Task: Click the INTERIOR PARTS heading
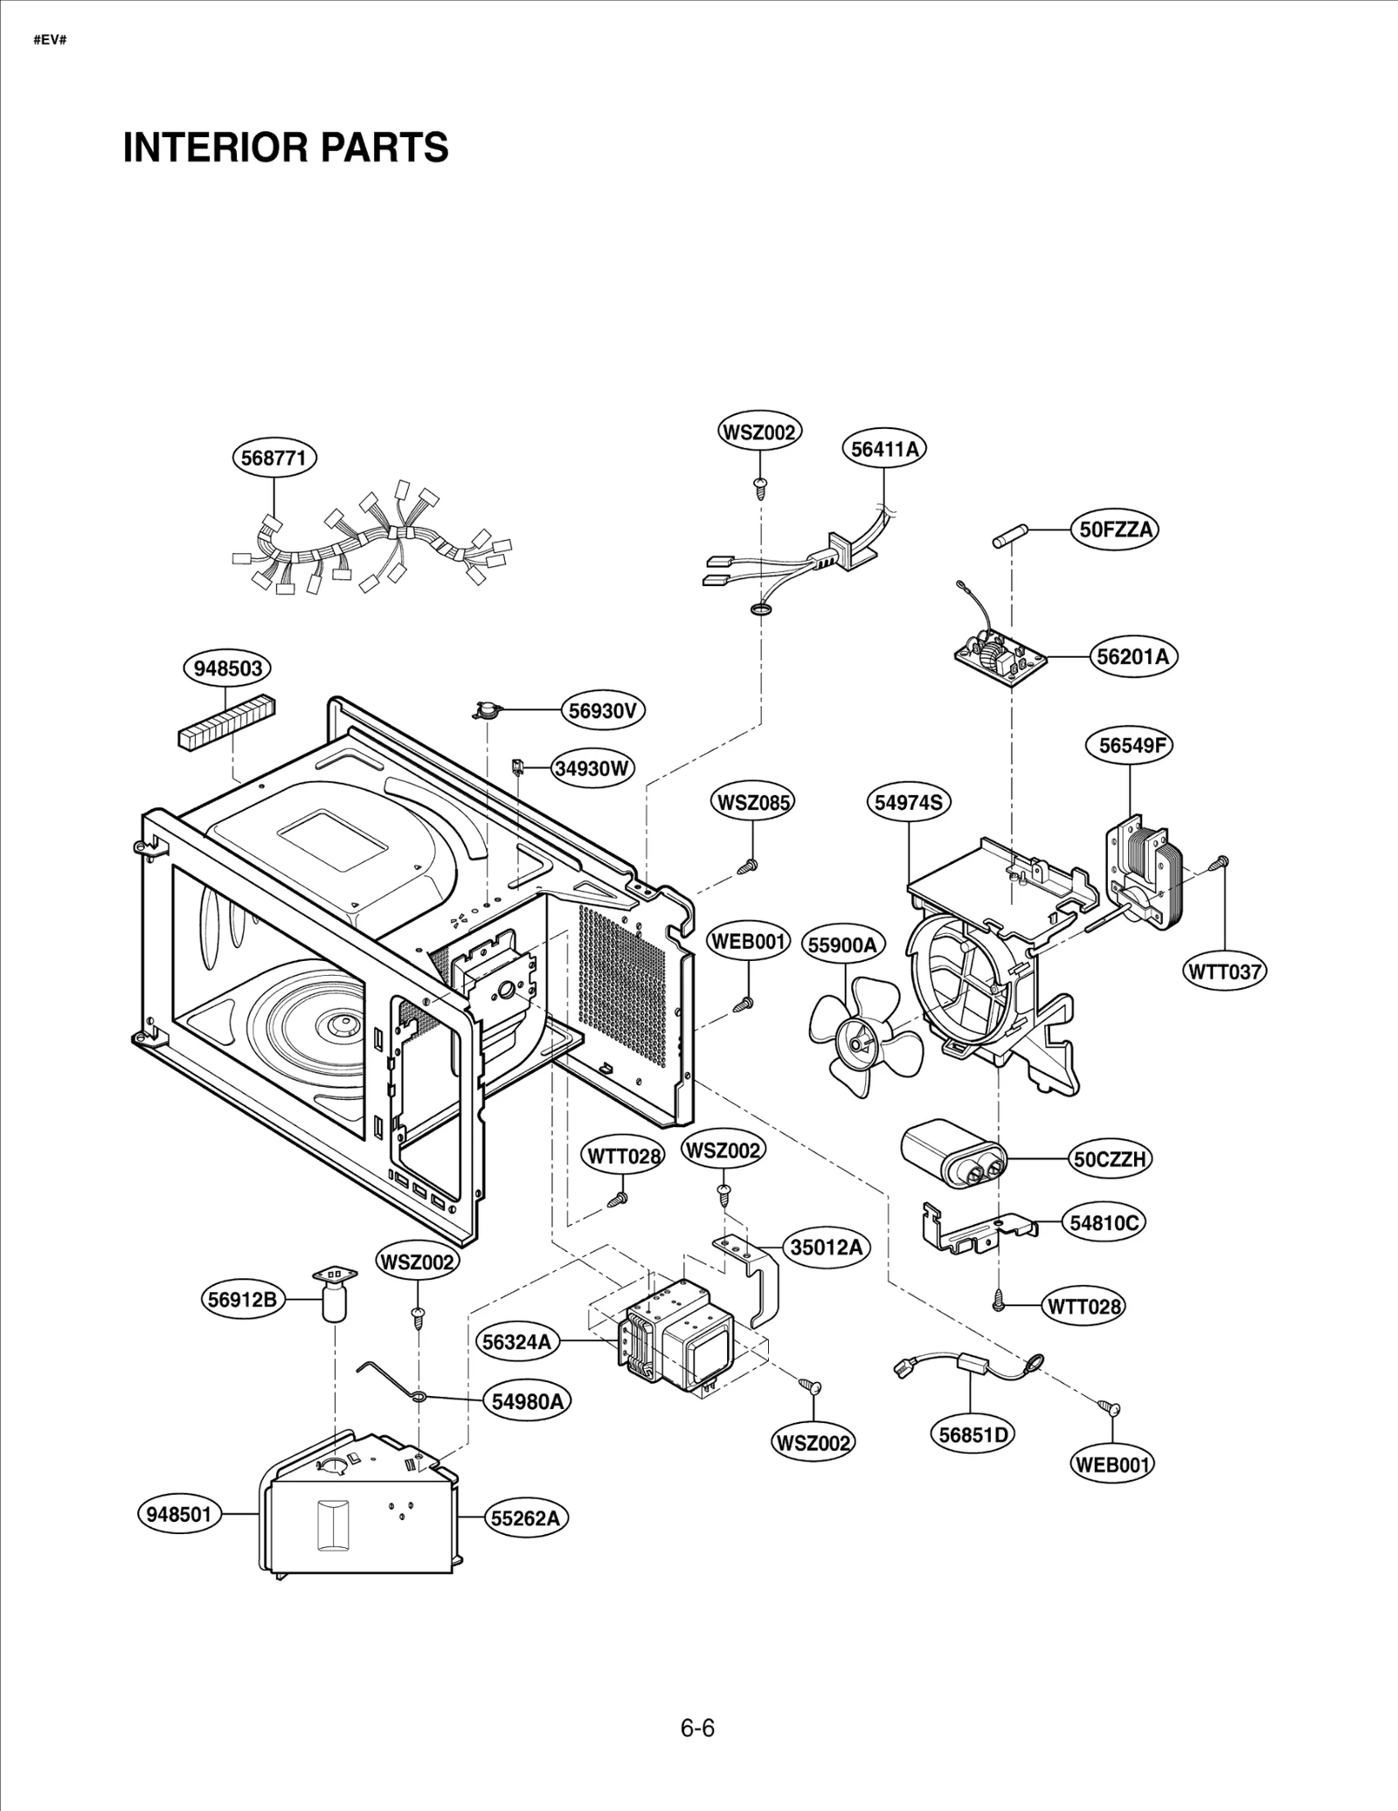pos(286,147)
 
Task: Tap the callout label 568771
pos(274,458)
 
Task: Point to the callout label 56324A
pos(517,1341)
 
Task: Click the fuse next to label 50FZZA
pos(1009,536)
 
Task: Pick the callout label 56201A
pos(1132,656)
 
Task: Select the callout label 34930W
pos(592,769)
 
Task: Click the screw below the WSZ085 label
pos(748,866)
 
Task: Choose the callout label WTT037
pos(1225,971)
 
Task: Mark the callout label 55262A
pos(525,1518)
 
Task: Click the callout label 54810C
pos(1104,1222)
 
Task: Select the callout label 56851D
pos(972,1434)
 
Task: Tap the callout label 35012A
pos(826,1248)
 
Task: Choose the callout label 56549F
pos(1131,745)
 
